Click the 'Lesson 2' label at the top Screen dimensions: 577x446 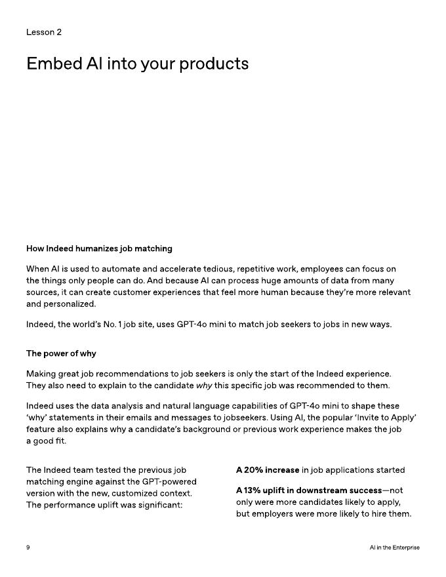[44, 32]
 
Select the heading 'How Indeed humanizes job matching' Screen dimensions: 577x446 [99, 249]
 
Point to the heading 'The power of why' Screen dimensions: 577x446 [61, 353]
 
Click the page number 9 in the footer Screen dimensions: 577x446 [28, 547]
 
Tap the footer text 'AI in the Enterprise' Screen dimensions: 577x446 [394, 547]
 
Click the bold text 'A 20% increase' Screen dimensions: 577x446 [268, 470]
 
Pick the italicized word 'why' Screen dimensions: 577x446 [204, 386]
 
